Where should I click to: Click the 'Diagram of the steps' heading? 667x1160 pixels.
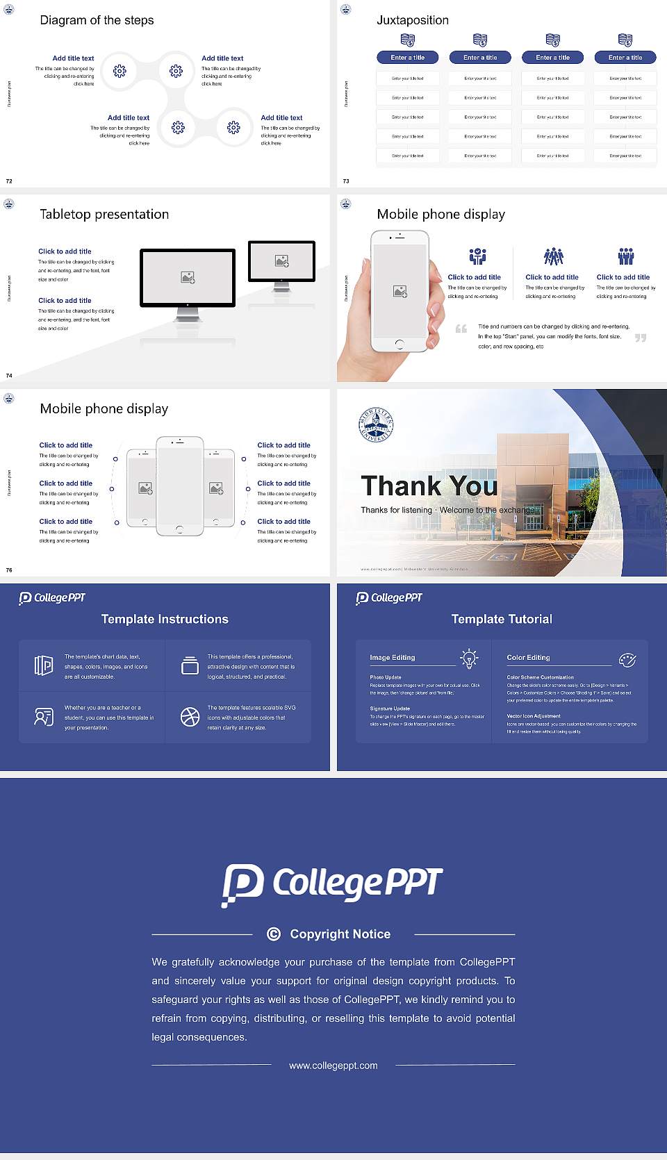pos(97,20)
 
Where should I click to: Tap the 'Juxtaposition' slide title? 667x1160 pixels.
pos(412,20)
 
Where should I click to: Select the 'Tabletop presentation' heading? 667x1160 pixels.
pos(104,215)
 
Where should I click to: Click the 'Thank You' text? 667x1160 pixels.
pos(429,486)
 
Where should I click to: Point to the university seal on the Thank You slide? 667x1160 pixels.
pos(376,424)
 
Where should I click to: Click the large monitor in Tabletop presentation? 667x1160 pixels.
pos(188,278)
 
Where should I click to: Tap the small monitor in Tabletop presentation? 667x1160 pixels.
pos(281,261)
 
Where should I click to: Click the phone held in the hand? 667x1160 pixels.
pos(400,290)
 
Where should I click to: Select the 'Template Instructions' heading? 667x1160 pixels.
pos(165,619)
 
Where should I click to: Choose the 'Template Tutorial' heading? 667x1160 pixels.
pos(502,619)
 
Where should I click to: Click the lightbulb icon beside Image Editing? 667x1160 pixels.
pos(470,658)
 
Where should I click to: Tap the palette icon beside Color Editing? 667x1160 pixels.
pos(627,660)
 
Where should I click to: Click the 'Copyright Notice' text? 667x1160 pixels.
pos(340,934)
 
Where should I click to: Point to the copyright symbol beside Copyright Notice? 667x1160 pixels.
pos(274,934)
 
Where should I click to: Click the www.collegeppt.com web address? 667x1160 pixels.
pos(333,1066)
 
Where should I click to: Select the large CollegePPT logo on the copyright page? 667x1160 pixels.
pos(332,884)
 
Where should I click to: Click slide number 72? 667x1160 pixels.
pos(9,181)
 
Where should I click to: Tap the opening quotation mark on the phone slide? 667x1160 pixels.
pos(461,329)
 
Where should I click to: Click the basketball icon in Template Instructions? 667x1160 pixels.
pos(190,717)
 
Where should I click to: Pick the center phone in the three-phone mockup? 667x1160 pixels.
pos(180,486)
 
